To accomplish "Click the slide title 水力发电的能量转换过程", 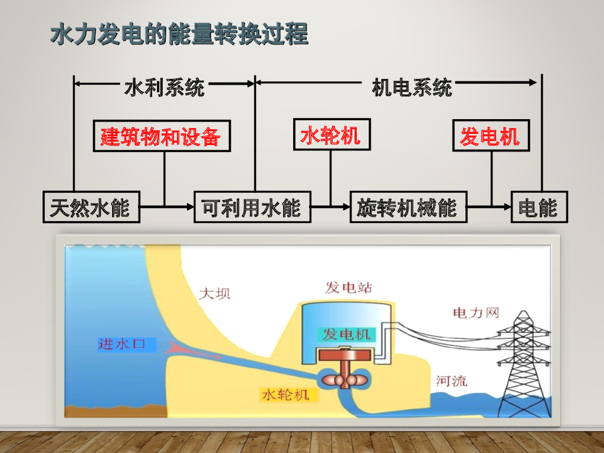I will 179,34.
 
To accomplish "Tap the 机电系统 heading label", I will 412,88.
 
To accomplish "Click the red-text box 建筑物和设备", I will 161,136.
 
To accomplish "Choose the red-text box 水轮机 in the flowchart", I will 331,134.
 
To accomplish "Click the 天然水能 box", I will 91,207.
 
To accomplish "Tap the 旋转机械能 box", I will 408,207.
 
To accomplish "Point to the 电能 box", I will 539,207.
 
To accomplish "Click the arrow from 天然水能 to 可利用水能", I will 167,207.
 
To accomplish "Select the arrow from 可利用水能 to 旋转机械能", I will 330,207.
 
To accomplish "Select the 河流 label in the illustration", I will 451,380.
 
